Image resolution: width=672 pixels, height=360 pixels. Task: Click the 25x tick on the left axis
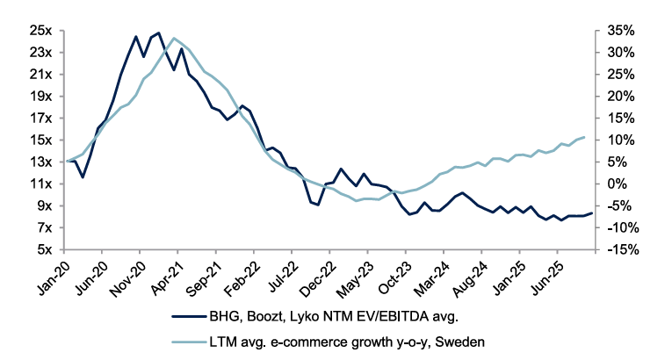pos(41,30)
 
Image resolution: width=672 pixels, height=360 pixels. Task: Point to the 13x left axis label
pos(41,162)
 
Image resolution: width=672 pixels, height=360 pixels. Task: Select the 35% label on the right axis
pos(620,30)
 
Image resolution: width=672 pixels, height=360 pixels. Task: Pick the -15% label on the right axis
pos(620,249)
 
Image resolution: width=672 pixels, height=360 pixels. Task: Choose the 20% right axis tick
pos(620,96)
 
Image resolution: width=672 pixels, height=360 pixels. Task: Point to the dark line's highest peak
pos(158,33)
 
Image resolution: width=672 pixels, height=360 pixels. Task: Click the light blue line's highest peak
pos(174,38)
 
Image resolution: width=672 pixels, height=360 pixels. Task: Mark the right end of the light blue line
pos(584,137)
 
